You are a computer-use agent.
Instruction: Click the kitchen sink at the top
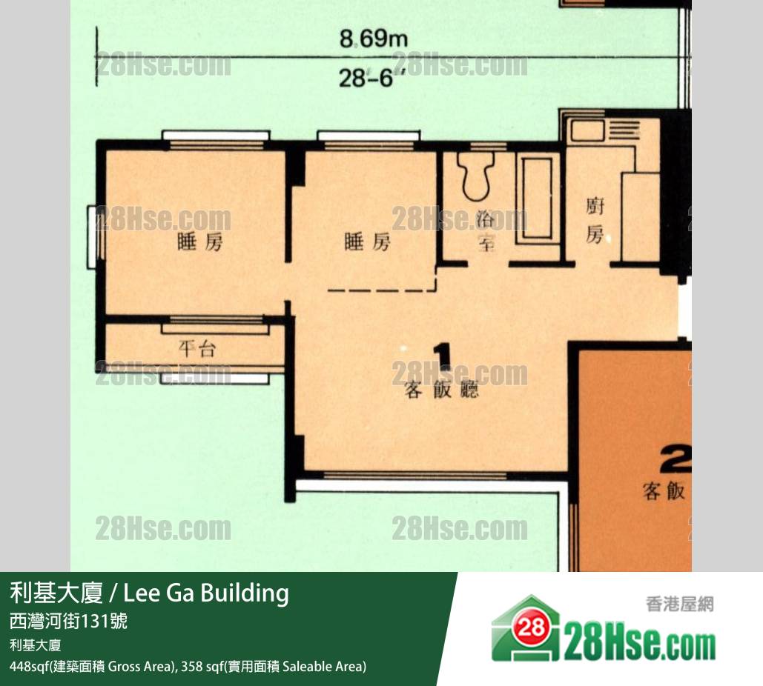[x=587, y=130]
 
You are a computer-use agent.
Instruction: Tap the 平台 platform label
[x=196, y=348]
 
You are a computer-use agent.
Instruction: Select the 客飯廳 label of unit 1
[x=441, y=390]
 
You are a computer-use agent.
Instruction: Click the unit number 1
[x=443, y=357]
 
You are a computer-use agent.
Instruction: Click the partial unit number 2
[x=676, y=459]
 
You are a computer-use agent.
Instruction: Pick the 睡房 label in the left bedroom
[x=200, y=242]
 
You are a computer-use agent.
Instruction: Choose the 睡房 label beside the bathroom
[x=367, y=242]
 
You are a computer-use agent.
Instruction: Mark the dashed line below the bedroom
[x=382, y=290]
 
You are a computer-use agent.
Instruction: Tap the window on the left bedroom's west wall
[x=92, y=237]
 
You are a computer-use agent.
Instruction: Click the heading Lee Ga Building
[x=206, y=593]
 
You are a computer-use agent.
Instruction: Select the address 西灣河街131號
[x=69, y=621]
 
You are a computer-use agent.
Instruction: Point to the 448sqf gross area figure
[x=30, y=666]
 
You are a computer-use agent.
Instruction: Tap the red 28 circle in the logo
[x=530, y=627]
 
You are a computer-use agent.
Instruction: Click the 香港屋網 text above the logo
[x=680, y=605]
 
